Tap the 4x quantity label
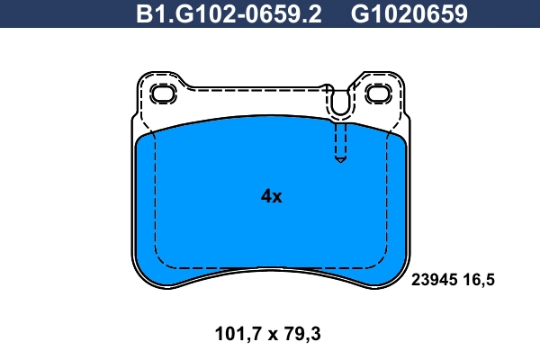pos(271,196)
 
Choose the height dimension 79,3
pos(301,335)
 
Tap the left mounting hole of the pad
pos(163,93)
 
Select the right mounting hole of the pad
pos(376,93)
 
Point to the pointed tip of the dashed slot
pos(339,161)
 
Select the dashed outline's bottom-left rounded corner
pos(163,261)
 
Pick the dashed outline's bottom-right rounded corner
pos(378,261)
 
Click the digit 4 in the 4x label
pos(265,196)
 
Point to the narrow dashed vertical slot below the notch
pos(339,139)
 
